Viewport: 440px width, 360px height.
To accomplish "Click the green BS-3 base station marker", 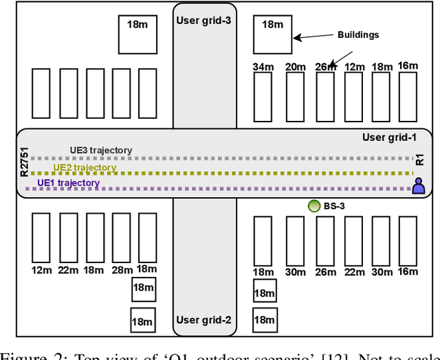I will coord(313,205).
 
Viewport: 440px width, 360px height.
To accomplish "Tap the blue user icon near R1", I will coord(417,185).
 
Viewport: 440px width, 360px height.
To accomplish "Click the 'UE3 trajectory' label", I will coord(100,150).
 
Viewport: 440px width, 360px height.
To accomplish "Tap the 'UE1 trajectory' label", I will coord(68,183).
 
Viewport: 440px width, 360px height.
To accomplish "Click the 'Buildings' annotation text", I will coord(357,34).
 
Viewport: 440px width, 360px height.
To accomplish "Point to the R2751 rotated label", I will coord(25,164).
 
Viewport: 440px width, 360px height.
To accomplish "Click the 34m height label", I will coord(263,67).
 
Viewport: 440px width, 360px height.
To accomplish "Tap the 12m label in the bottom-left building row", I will coord(42,269).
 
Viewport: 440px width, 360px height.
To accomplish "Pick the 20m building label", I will coord(295,67).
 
